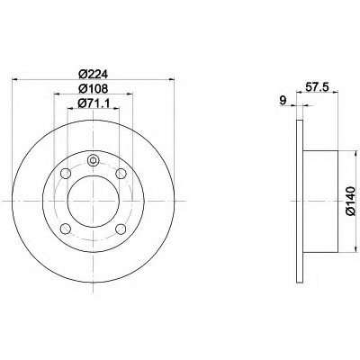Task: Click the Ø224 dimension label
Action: [x=93, y=74]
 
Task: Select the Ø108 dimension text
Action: [x=93, y=88]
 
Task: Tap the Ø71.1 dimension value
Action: [x=94, y=103]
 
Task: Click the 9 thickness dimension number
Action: [x=283, y=100]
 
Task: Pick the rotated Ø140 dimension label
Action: [x=350, y=201]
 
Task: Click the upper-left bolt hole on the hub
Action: [x=66, y=174]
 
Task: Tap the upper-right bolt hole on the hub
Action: [x=121, y=174]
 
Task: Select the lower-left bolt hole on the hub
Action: [x=66, y=229]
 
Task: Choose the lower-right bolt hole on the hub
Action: [x=121, y=229]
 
